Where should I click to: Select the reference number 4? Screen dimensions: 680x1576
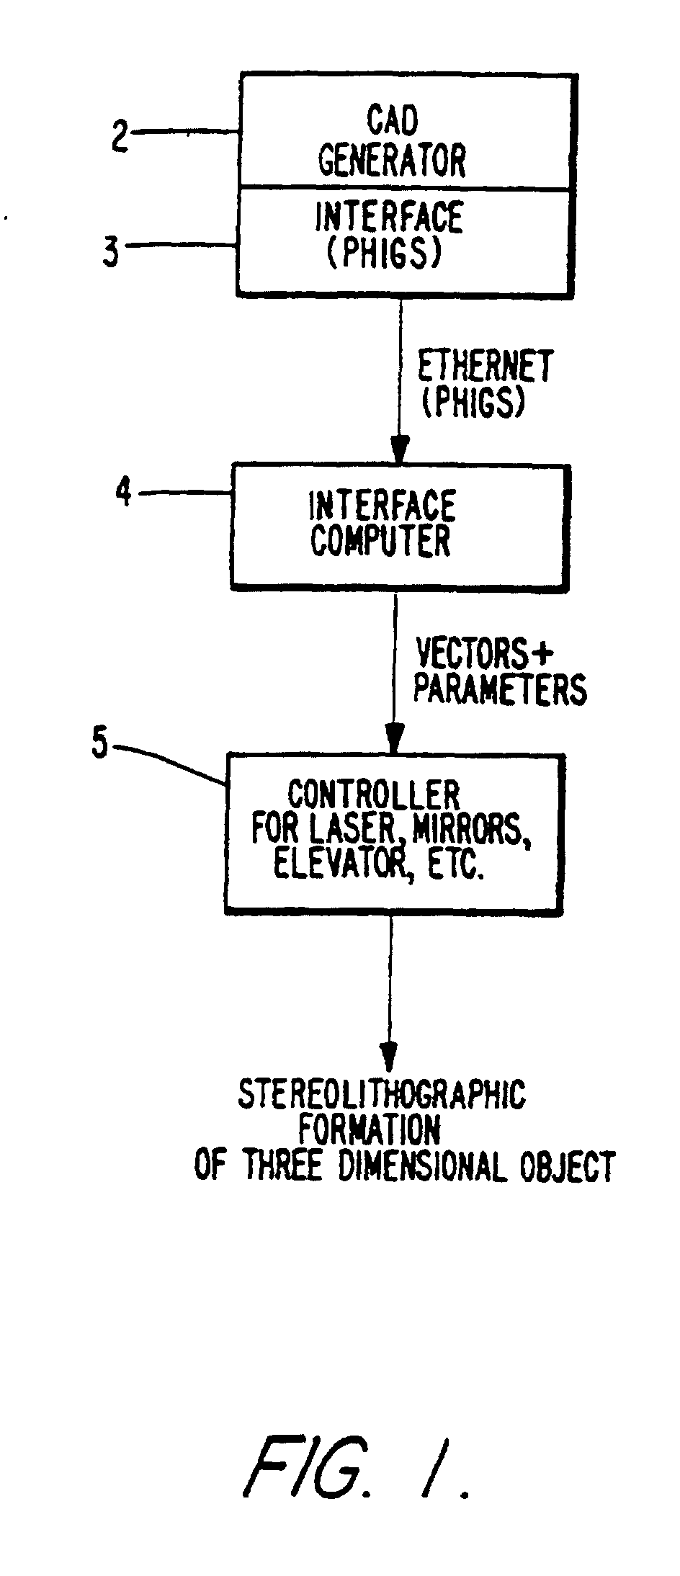(123, 493)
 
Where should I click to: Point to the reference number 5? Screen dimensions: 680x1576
(100, 744)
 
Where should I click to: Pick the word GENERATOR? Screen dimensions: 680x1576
(393, 161)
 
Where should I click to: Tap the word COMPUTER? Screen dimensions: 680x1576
(381, 541)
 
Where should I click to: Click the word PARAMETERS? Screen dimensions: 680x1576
(500, 689)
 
